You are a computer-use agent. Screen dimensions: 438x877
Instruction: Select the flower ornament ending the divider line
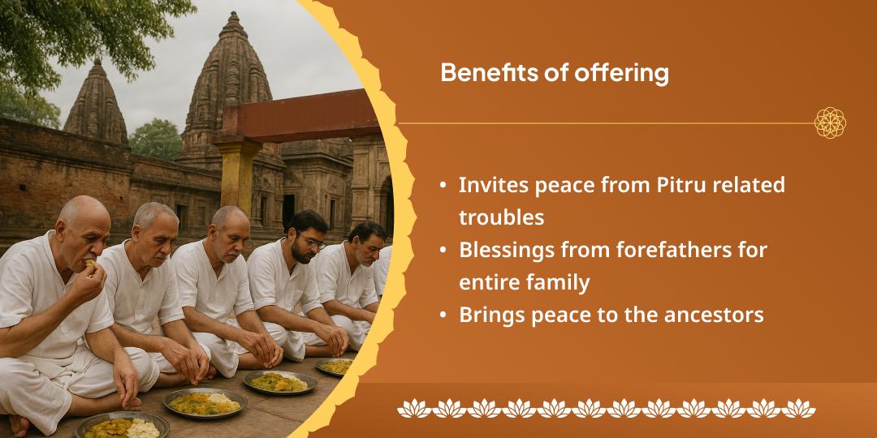point(830,123)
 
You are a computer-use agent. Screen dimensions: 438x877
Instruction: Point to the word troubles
point(501,217)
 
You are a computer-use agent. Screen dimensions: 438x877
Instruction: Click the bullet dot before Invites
point(443,186)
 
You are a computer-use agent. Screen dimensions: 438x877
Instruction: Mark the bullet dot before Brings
point(443,316)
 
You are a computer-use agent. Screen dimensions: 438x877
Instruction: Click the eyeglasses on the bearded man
point(311,241)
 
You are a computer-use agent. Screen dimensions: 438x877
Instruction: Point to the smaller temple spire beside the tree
point(96,101)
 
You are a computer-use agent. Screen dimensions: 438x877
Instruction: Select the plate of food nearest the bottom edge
point(122,425)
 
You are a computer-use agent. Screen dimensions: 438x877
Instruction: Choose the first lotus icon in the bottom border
point(413,407)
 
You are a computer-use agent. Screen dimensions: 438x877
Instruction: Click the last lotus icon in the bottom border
point(799,407)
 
